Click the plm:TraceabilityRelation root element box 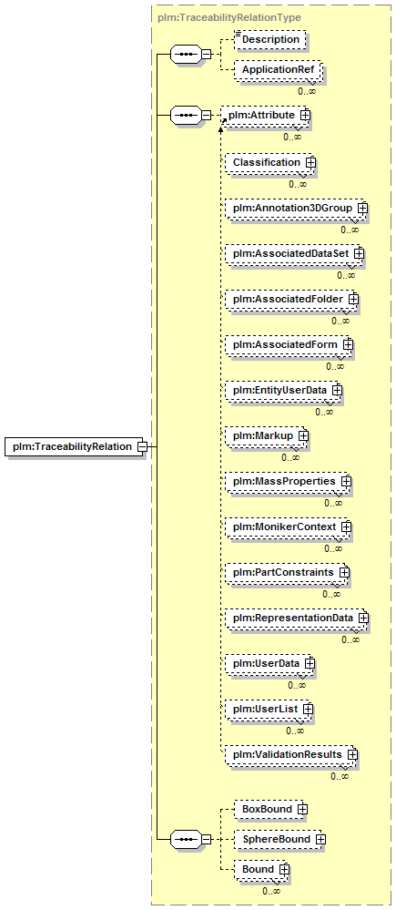click(x=74, y=447)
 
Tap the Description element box click(x=269, y=39)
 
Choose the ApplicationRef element click(x=276, y=69)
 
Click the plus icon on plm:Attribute click(x=306, y=116)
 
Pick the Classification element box click(x=270, y=162)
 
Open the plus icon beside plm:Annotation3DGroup click(x=363, y=207)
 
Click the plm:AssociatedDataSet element click(x=294, y=253)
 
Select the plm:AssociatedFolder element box click(x=291, y=299)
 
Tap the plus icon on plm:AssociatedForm click(x=348, y=344)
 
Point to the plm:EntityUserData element click(x=283, y=390)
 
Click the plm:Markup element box click(x=267, y=435)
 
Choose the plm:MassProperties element click(x=289, y=481)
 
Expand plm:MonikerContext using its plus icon click(x=347, y=527)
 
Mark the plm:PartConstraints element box click(x=288, y=572)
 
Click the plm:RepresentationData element click(x=297, y=618)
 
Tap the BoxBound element click(x=269, y=809)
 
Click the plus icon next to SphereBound click(x=320, y=839)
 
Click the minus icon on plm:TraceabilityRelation click(x=142, y=447)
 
